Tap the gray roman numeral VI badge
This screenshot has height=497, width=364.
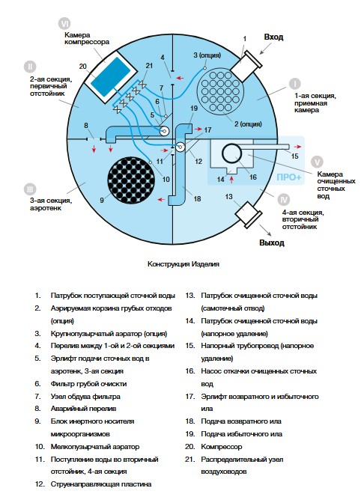pyautogui.click(x=64, y=24)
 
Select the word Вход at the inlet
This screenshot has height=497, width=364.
pyautogui.click(x=273, y=37)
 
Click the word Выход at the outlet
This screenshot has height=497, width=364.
pyautogui.click(x=272, y=243)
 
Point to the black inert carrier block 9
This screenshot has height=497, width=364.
pyautogui.click(x=131, y=180)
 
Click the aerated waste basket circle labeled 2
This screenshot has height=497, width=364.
pyautogui.click(x=220, y=91)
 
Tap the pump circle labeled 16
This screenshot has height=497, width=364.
pyautogui.click(x=231, y=154)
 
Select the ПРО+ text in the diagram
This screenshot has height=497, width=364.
pyautogui.click(x=288, y=177)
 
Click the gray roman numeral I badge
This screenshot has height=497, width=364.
pyautogui.click(x=295, y=84)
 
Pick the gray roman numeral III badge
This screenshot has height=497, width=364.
pyautogui.click(x=30, y=189)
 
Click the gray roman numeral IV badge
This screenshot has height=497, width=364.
pyautogui.click(x=283, y=200)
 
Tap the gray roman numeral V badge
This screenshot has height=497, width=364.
pyautogui.click(x=317, y=162)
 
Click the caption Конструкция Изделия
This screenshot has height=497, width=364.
pyautogui.click(x=183, y=264)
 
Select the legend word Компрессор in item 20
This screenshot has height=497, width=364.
pyautogui.click(x=221, y=447)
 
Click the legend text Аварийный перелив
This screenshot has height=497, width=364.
pyautogui.click(x=83, y=409)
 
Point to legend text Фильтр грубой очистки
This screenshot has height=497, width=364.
pyautogui.click(x=88, y=384)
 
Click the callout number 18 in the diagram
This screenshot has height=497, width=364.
pyautogui.click(x=197, y=199)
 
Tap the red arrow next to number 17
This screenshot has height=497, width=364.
pyautogui.click(x=198, y=129)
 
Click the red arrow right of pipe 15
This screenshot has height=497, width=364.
pyautogui.click(x=298, y=147)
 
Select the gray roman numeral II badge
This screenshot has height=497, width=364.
pyautogui.click(x=30, y=67)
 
